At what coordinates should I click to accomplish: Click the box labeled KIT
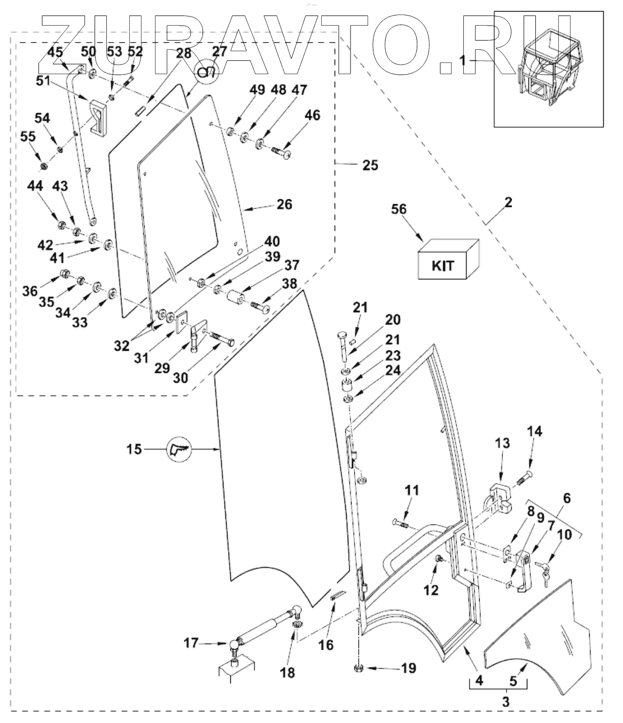[448, 259]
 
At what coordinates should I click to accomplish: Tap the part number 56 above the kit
[399, 209]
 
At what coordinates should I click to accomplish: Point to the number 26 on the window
[284, 205]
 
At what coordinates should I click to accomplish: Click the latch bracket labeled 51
[99, 117]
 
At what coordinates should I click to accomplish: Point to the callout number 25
[370, 165]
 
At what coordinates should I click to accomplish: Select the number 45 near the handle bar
[55, 52]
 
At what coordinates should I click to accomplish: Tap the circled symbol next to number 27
[207, 72]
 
